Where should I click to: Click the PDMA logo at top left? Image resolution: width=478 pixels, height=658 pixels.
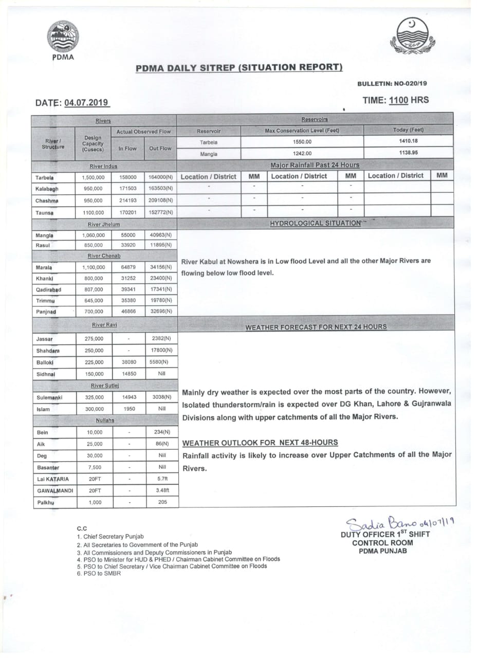click(x=63, y=37)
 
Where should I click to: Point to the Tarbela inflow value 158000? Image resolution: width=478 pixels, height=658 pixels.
click(x=128, y=177)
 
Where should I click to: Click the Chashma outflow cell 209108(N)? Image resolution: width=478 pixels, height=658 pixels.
click(x=161, y=200)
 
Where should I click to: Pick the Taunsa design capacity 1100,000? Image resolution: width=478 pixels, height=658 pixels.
click(x=93, y=212)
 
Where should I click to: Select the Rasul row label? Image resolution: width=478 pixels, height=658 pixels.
click(x=43, y=245)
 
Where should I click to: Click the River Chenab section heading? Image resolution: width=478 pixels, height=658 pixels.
click(x=105, y=255)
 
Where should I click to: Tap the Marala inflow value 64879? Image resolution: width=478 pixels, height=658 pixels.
click(x=128, y=267)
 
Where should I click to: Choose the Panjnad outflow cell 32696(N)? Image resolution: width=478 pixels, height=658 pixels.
click(x=161, y=312)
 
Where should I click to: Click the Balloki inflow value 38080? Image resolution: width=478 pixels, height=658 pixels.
click(x=128, y=362)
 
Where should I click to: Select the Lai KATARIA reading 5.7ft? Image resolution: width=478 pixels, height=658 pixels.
click(x=162, y=479)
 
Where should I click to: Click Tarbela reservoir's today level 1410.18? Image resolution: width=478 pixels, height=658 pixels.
click(x=408, y=141)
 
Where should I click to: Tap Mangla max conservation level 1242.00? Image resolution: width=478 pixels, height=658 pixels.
click(x=302, y=153)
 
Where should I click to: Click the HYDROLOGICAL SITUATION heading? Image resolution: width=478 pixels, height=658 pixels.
click(x=315, y=223)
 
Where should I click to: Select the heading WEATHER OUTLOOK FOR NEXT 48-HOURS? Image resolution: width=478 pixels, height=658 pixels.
click(x=260, y=443)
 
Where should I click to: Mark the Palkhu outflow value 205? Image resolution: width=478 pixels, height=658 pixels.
click(x=162, y=502)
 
